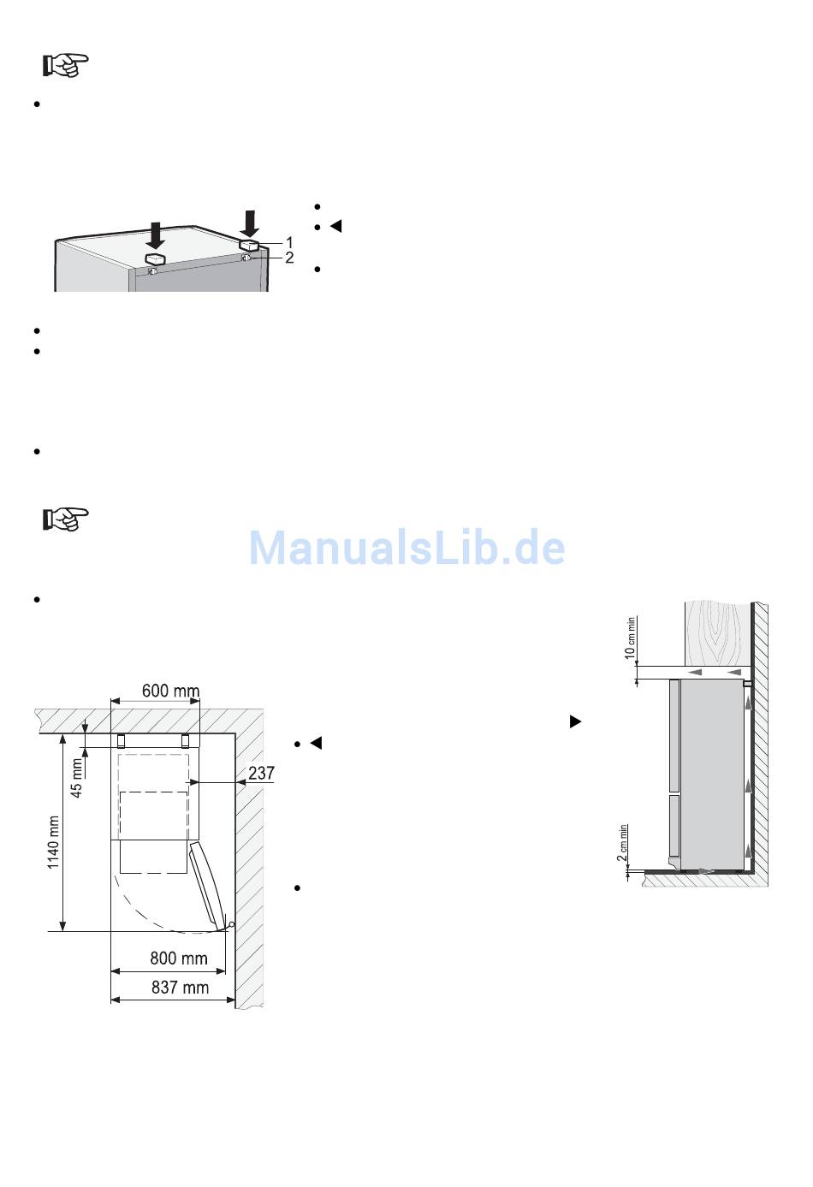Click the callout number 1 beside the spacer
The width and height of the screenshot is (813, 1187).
[x=289, y=243]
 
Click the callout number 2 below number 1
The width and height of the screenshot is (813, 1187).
[x=289, y=258]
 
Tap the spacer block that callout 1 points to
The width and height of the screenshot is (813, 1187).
[x=248, y=245]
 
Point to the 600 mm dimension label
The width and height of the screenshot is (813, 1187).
[x=170, y=691]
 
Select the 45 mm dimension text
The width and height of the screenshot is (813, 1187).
[x=77, y=778]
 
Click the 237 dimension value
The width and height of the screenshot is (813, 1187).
[x=261, y=773]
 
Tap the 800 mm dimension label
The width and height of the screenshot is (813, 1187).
[x=179, y=959]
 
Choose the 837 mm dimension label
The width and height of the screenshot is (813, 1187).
[x=181, y=988]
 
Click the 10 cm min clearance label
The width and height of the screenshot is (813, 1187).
[x=630, y=638]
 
